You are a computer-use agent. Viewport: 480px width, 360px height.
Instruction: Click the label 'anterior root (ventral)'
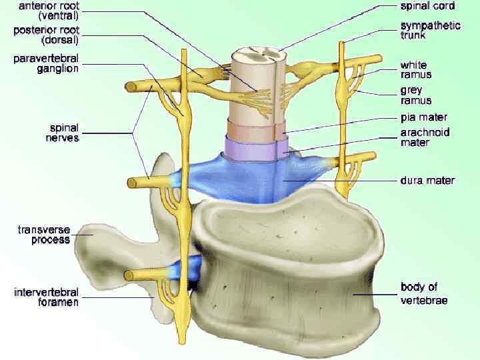(x=46, y=11)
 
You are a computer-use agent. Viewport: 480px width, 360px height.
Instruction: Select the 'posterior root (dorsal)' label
(x=46, y=35)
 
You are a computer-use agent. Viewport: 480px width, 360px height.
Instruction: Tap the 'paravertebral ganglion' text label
(x=46, y=63)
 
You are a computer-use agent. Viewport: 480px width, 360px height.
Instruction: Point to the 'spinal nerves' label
(x=64, y=133)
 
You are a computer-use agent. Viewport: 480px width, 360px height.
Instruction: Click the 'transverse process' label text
(x=44, y=235)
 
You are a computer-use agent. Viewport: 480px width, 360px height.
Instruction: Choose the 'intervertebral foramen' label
(x=47, y=297)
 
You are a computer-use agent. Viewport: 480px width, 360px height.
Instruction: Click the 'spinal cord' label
(x=427, y=6)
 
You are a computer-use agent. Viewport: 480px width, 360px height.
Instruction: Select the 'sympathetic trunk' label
(x=430, y=30)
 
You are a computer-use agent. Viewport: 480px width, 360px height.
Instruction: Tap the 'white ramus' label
(x=415, y=70)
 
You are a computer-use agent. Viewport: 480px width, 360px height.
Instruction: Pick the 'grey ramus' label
(x=415, y=95)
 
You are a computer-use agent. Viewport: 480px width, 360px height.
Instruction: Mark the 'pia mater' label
(x=423, y=117)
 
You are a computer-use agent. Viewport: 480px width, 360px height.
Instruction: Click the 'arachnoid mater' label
(x=423, y=137)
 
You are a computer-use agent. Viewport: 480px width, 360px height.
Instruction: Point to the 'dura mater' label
(x=427, y=180)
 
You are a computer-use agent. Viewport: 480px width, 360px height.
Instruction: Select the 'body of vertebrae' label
(x=423, y=293)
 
